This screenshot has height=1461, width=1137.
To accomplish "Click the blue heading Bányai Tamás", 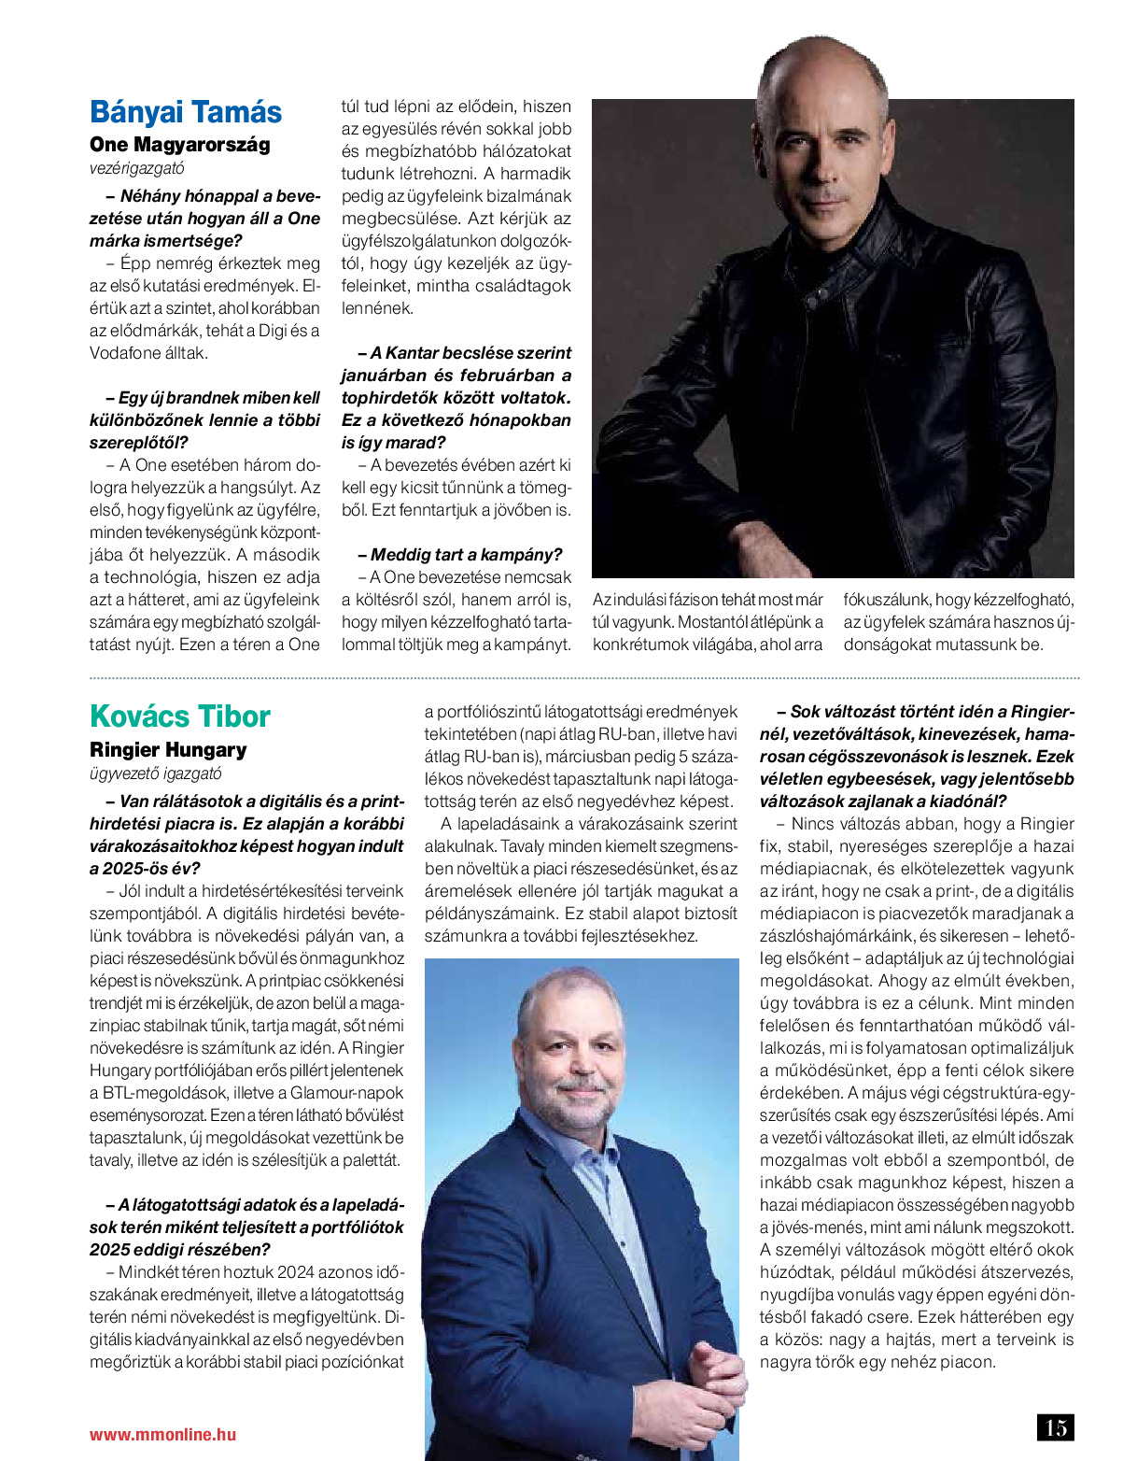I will tap(185, 112).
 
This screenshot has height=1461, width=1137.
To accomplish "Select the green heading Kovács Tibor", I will tap(179, 716).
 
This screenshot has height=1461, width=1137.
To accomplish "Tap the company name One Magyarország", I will tap(179, 145).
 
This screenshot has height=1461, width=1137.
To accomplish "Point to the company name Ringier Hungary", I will tap(168, 750).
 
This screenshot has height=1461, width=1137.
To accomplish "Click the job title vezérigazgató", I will tap(136, 169).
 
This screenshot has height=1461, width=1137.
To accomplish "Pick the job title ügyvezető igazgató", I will tap(156, 773).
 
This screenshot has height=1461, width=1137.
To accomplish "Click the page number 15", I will tap(1056, 1427).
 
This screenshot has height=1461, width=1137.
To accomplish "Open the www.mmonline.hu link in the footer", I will tap(162, 1435).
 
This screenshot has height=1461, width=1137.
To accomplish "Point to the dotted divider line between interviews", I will tap(584, 677).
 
